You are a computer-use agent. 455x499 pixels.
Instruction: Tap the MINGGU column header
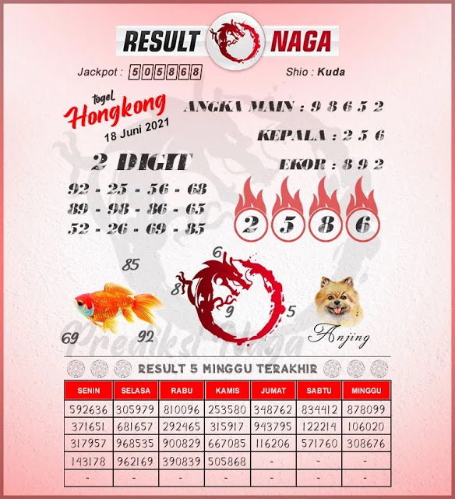click(368, 389)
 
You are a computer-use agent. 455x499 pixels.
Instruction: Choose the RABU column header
click(182, 389)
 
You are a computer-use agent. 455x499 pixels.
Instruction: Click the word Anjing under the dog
click(338, 337)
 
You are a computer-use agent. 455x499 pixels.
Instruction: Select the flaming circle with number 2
click(251, 224)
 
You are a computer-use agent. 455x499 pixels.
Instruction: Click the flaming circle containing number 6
click(362, 224)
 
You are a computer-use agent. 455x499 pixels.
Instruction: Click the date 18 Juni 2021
click(136, 132)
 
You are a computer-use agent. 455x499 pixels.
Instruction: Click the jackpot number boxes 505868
click(165, 73)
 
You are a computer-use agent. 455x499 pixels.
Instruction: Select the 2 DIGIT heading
click(141, 163)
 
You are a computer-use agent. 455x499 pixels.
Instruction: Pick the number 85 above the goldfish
click(131, 265)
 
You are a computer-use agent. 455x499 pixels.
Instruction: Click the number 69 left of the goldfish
click(69, 338)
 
